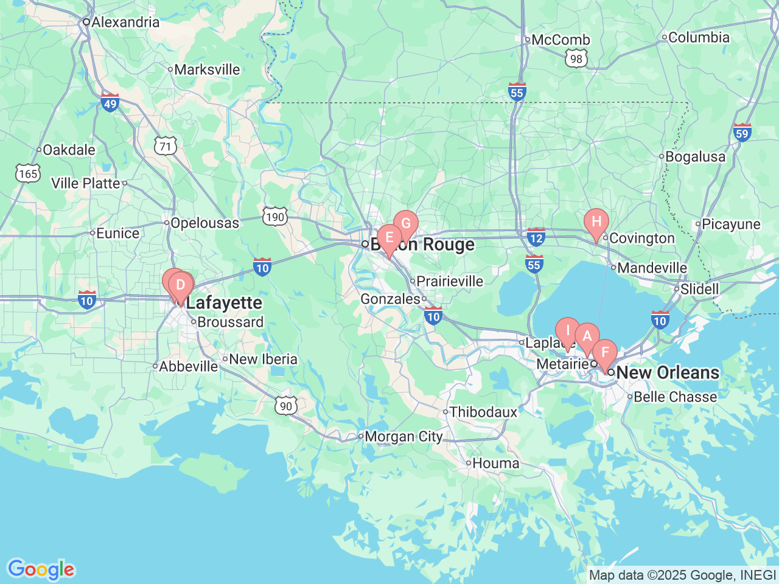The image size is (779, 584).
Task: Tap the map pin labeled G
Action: [406, 224]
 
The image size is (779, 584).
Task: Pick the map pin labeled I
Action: [568, 331]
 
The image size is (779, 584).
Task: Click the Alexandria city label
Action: [125, 23]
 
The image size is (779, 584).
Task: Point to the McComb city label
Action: [561, 40]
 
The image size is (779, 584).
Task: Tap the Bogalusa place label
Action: [695, 157]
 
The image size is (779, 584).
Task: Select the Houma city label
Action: [496, 464]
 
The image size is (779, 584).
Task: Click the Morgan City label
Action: [403, 437]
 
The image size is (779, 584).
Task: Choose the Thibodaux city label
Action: [483, 412]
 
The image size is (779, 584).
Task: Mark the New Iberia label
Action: [263, 360]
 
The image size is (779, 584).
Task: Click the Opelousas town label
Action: [204, 223]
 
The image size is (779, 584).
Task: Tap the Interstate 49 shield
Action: [110, 103]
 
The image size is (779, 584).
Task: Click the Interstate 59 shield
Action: [742, 133]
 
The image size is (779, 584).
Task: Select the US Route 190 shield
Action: [275, 217]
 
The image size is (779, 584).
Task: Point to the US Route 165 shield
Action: [28, 174]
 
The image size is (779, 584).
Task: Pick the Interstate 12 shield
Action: [536, 237]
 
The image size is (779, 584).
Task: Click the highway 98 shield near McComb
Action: [576, 59]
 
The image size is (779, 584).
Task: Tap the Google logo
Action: [41, 570]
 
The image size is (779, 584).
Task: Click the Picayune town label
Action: [731, 224]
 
